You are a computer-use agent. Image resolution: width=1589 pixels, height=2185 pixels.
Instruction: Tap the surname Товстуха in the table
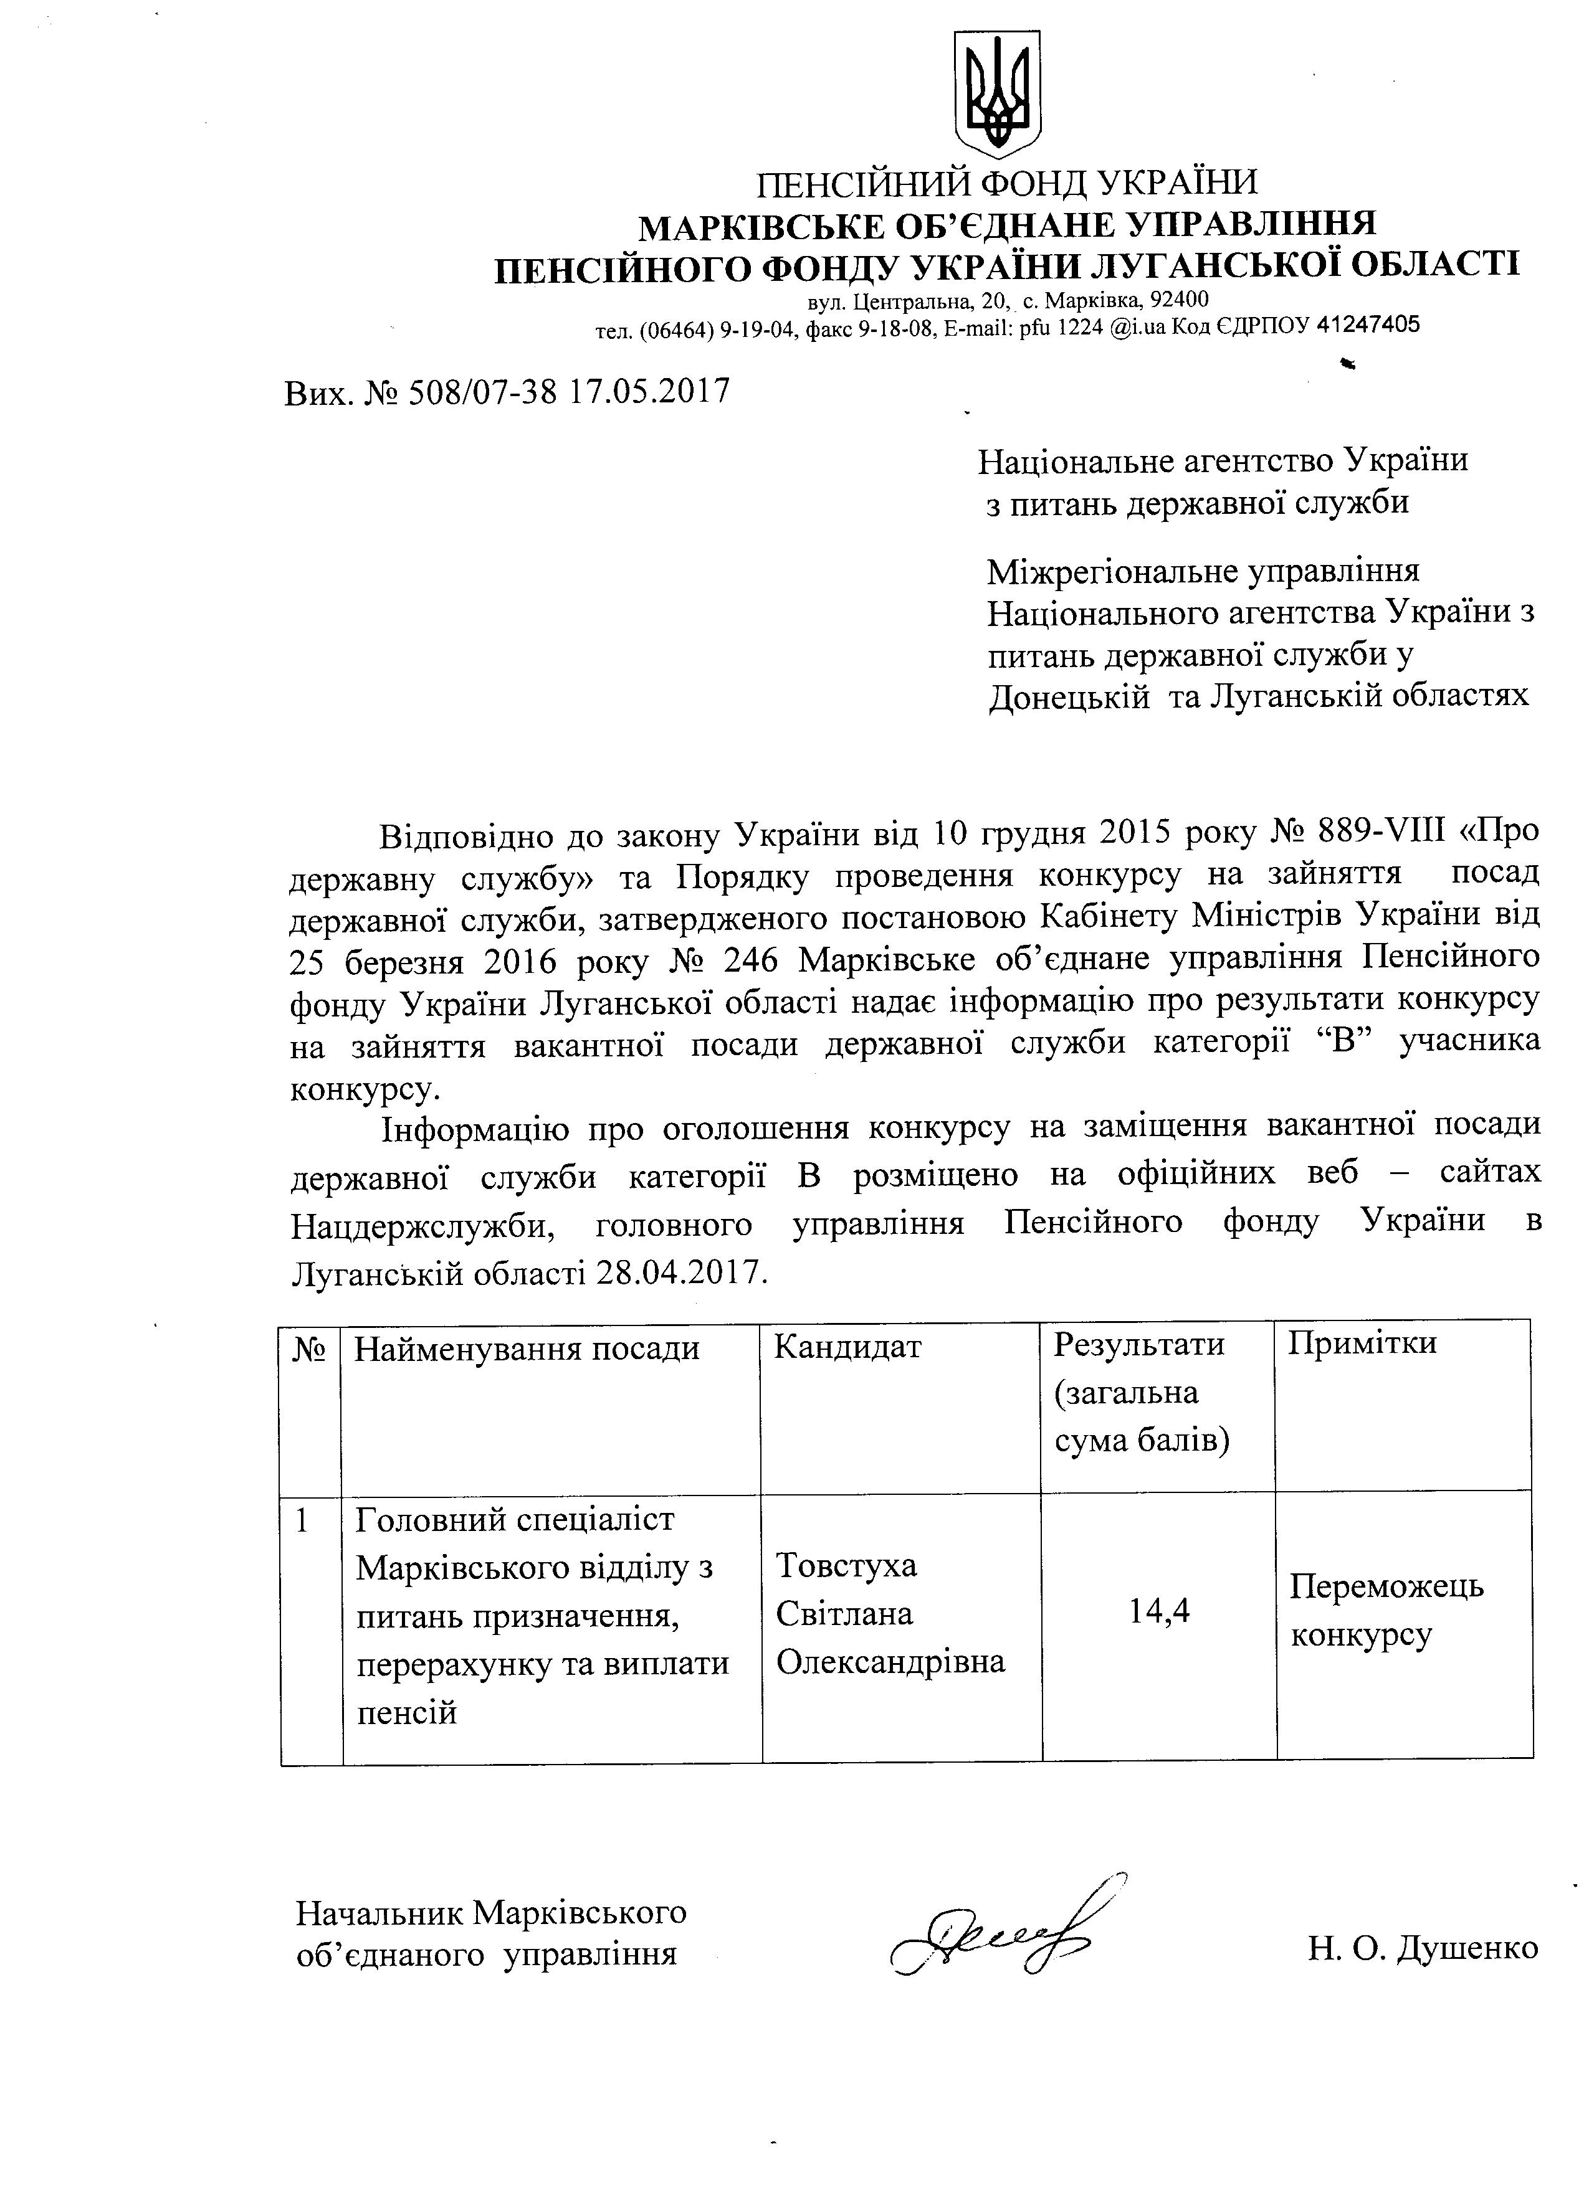(x=846, y=1565)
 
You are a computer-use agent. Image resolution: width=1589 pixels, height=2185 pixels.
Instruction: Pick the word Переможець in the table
(x=1386, y=1586)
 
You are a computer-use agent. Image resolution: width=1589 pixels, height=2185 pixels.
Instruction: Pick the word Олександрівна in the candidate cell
(x=890, y=1661)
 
